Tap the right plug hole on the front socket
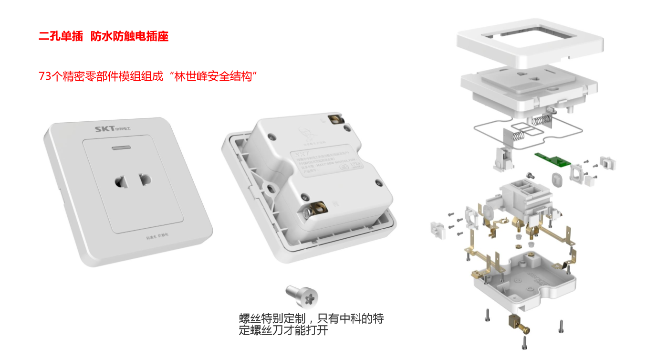point(145,180)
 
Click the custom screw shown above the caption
point(302,297)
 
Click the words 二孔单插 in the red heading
point(61,36)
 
